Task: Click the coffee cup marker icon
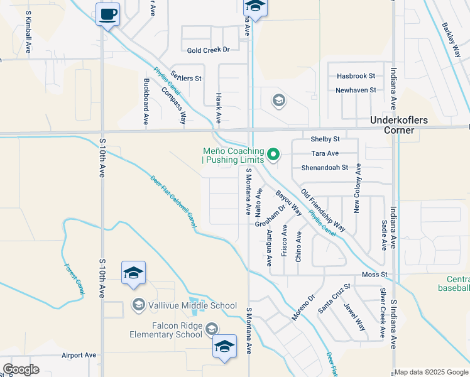108,14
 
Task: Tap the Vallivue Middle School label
183,306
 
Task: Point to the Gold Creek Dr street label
209,50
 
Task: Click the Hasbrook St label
356,75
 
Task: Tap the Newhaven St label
356,90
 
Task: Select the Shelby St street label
325,139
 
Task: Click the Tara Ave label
325,153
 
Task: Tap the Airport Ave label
79,355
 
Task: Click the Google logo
21,369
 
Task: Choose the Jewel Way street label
354,317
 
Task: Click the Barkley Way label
451,40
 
